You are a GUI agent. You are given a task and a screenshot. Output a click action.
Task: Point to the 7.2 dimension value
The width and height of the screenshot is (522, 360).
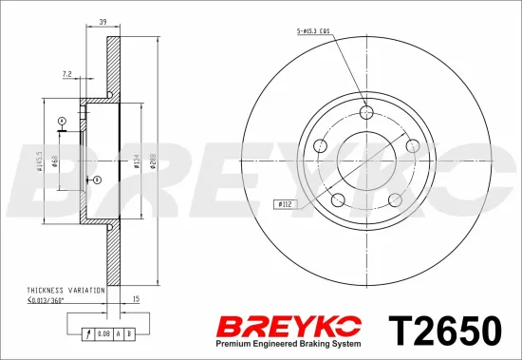pyautogui.click(x=67, y=72)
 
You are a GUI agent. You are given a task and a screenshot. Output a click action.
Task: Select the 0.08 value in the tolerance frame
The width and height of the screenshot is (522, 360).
pyautogui.click(x=103, y=334)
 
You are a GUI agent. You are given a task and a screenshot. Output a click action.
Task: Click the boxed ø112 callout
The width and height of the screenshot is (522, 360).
pyautogui.click(x=284, y=203)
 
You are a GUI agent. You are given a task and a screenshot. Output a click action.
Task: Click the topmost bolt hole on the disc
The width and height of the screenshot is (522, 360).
pyautogui.click(x=366, y=111)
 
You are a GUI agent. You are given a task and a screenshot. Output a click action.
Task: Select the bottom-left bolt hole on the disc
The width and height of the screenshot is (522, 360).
pyautogui.click(x=337, y=199)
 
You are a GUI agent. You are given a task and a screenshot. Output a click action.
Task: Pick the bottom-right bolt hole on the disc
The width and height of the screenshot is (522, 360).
pyautogui.click(x=395, y=199)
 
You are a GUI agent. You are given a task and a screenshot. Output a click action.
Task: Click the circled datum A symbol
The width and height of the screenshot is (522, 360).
pyautogui.click(x=62, y=121)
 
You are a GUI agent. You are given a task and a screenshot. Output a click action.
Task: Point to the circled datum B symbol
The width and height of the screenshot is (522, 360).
pyautogui.click(x=95, y=179)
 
